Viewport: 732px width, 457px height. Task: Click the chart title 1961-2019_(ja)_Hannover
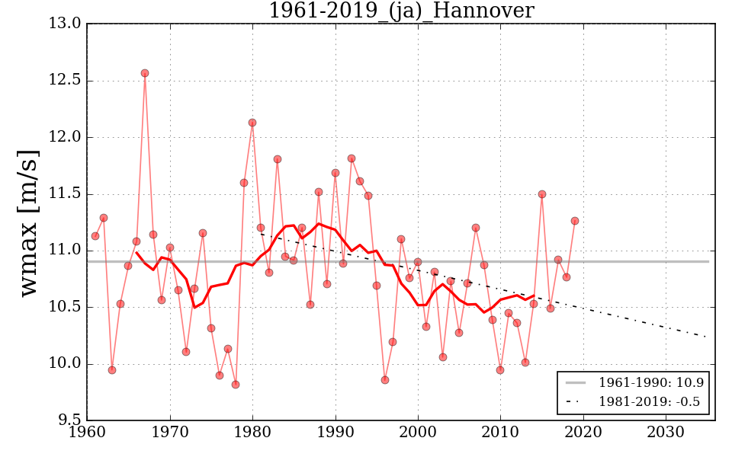[x=400, y=11]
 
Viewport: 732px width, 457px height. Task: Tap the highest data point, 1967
[x=145, y=73]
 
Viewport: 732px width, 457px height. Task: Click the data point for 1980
[x=252, y=123]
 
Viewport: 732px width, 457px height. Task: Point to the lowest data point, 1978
[x=236, y=385]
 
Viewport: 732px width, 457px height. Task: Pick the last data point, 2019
[x=575, y=221]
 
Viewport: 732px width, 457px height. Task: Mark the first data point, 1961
[x=95, y=236]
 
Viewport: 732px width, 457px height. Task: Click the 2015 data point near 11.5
[x=542, y=194]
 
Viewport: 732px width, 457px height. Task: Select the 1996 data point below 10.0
[x=385, y=380]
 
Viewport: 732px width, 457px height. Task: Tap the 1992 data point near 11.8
[x=352, y=158]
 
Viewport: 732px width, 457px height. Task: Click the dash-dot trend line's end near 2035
[x=707, y=337]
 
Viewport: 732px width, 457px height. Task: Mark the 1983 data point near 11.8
[x=278, y=159]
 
